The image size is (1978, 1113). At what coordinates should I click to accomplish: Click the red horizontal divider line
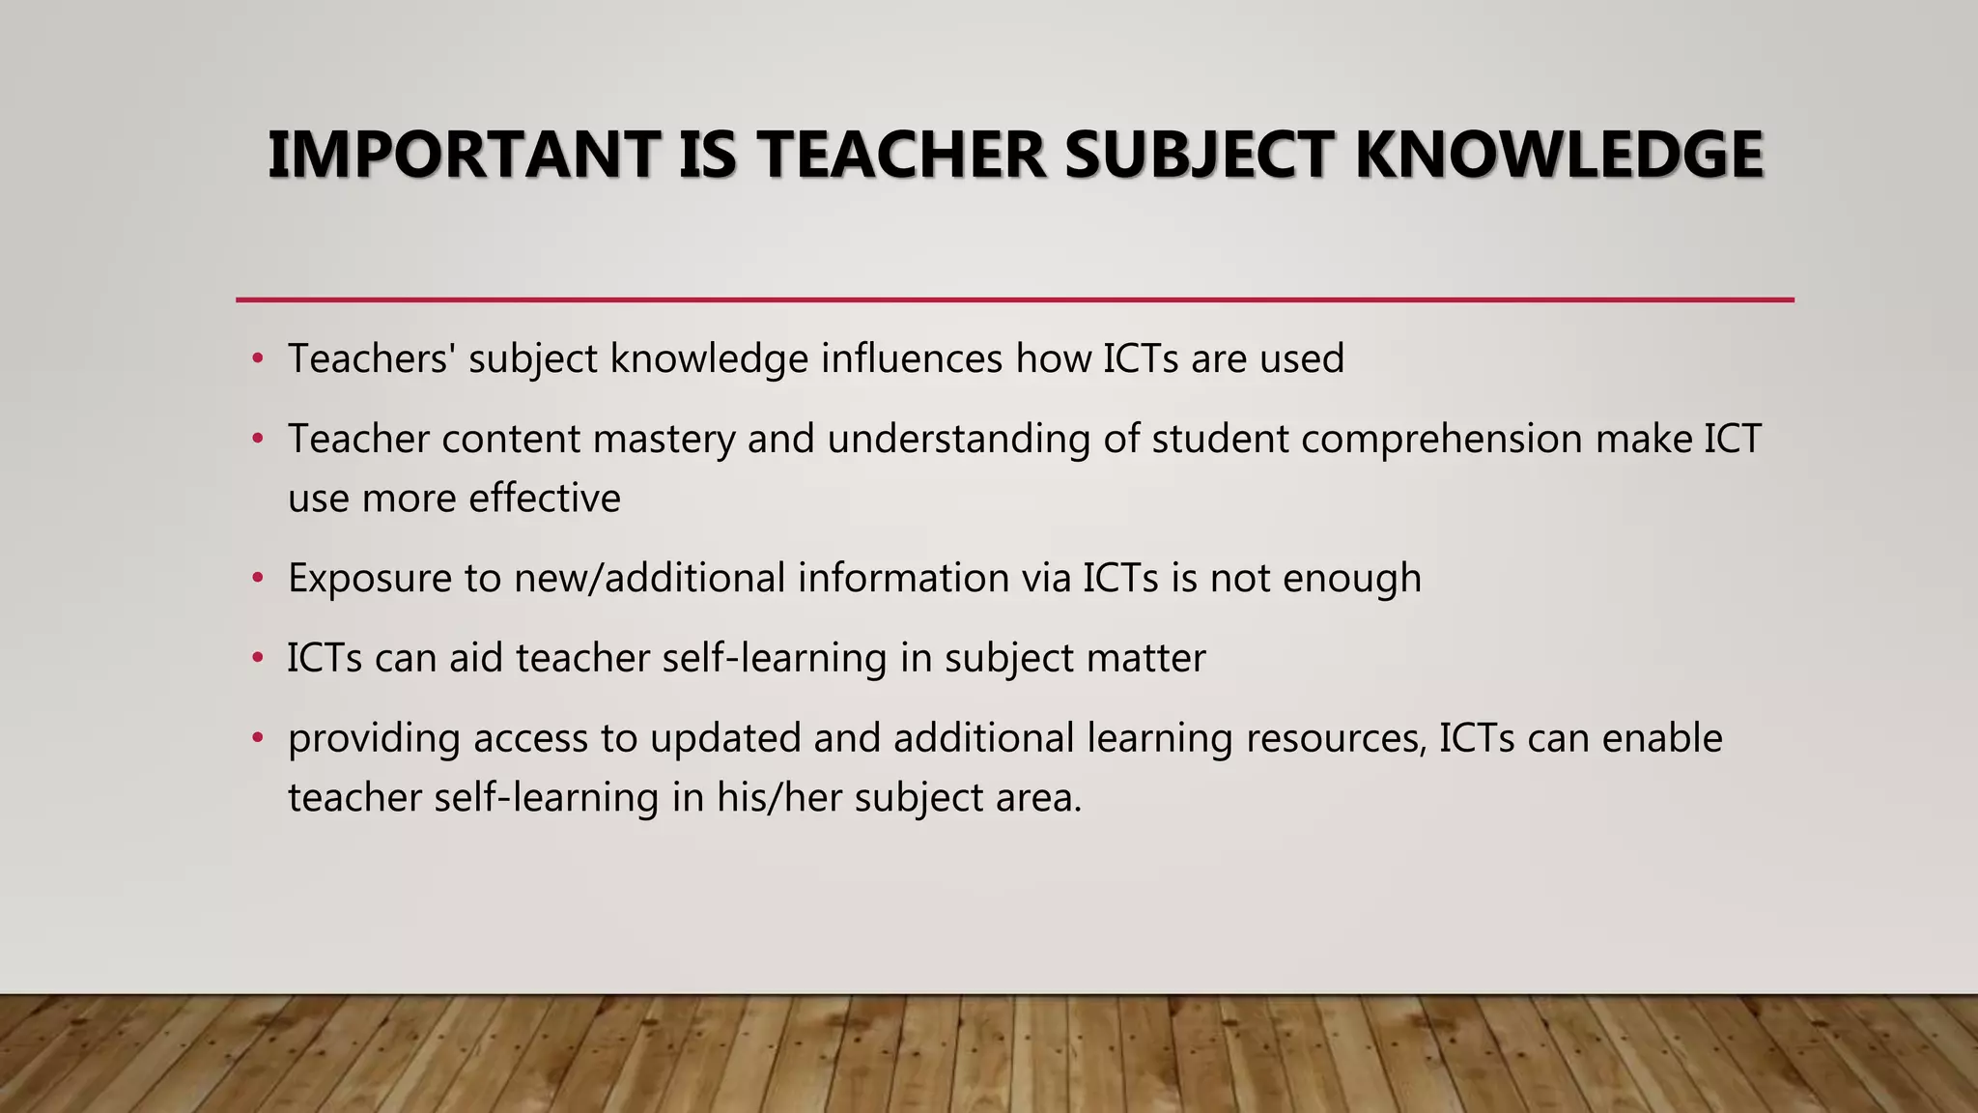click(1014, 300)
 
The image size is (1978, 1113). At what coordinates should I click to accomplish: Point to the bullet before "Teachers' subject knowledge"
click(257, 359)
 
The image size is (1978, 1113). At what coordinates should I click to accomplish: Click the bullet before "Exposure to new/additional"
click(257, 579)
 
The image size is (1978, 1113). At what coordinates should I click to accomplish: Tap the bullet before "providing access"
click(257, 739)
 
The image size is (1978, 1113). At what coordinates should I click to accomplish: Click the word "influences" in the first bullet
click(912, 359)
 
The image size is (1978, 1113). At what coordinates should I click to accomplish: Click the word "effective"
click(545, 499)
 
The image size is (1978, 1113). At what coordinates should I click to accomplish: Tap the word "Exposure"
click(369, 579)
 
